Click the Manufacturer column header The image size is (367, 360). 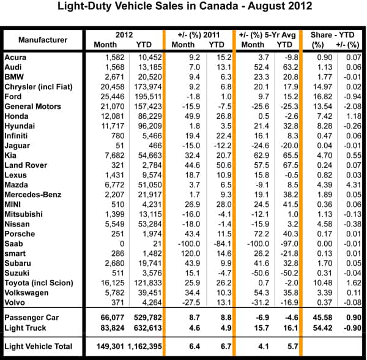click(42, 40)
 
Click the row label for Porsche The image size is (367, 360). click(20, 234)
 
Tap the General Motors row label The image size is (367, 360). click(33, 107)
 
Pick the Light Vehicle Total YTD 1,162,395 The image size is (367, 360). click(140, 347)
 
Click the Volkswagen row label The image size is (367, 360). click(26, 293)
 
